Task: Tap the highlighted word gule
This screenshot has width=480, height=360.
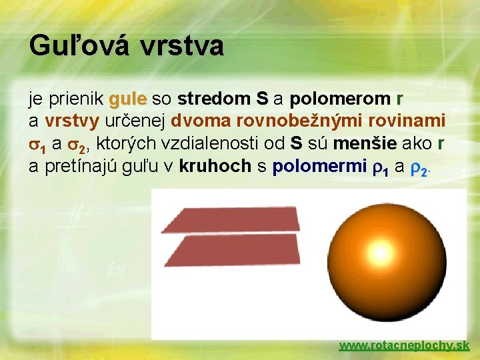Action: point(129,100)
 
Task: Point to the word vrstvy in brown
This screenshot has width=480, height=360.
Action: point(72,122)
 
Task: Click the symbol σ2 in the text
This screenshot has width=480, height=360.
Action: point(78,145)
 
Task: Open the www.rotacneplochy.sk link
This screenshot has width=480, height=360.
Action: point(404,345)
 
